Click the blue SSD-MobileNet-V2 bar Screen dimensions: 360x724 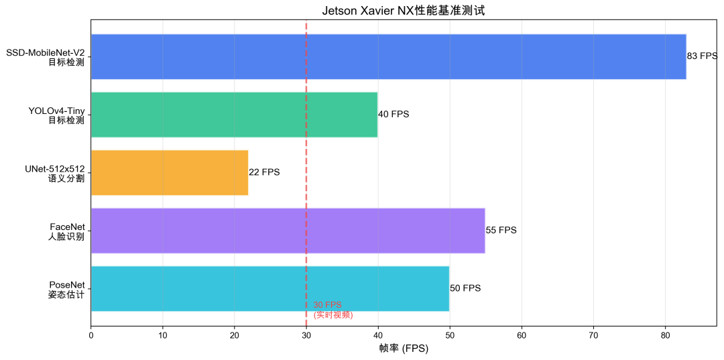pyautogui.click(x=388, y=57)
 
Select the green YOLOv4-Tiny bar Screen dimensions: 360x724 pyautogui.click(x=234, y=115)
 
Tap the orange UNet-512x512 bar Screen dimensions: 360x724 pyautogui.click(x=169, y=172)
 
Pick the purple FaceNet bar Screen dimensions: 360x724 pyautogui.click(x=288, y=231)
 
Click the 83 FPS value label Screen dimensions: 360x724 pyautogui.click(x=702, y=57)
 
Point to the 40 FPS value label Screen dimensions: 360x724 pyautogui.click(x=394, y=115)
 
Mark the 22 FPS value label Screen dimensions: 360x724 pyautogui.click(x=264, y=172)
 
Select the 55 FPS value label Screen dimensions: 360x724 pyautogui.click(x=501, y=231)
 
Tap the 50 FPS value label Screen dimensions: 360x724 pyautogui.click(x=465, y=288)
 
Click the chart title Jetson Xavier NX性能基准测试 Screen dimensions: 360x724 pyautogui.click(x=403, y=11)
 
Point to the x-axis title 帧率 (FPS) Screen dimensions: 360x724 pyautogui.click(x=403, y=349)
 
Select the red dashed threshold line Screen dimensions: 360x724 pyautogui.click(x=306, y=201)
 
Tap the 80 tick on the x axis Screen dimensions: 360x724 pyautogui.click(x=665, y=335)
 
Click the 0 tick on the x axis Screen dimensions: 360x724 pyautogui.click(x=91, y=335)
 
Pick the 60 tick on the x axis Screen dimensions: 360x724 pyautogui.click(x=522, y=335)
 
